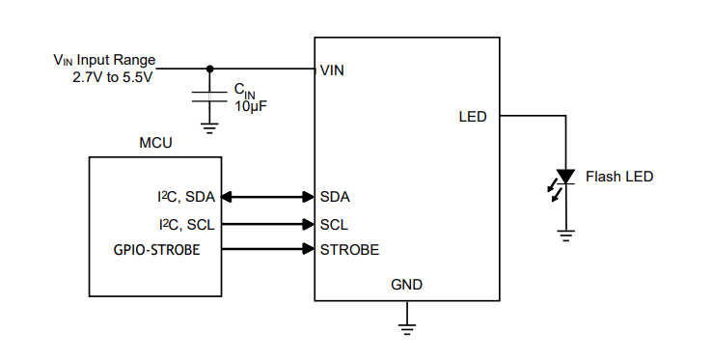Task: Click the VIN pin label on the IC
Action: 332,70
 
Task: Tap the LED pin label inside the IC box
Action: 473,117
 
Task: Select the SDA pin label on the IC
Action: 334,197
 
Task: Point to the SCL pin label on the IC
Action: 334,224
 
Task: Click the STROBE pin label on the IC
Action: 349,250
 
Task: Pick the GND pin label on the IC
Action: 406,285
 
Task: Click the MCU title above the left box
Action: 155,143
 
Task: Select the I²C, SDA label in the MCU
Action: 186,197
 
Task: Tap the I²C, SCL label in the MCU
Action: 186,224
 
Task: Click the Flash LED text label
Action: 619,177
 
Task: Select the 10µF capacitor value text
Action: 251,105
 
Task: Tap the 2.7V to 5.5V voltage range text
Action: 113,77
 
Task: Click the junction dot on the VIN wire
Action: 209,69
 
